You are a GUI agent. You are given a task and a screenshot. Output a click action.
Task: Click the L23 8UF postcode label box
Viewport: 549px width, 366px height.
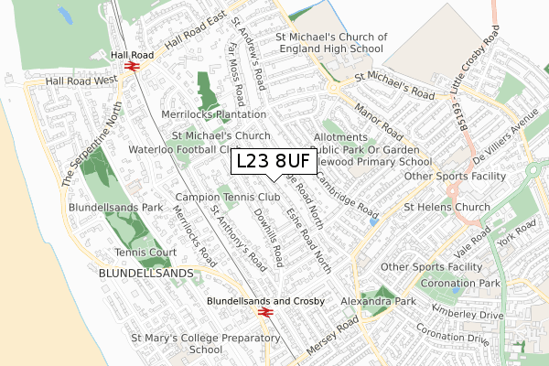pos(274,162)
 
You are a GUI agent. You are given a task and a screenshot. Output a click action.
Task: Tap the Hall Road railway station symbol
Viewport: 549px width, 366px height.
pos(131,67)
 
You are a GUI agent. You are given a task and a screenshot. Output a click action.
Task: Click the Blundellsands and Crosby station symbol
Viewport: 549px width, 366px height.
pos(264,312)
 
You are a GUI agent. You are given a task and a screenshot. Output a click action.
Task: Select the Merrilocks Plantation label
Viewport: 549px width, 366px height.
pos(212,115)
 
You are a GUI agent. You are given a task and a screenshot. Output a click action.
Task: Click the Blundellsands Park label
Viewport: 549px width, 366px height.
pos(117,208)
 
